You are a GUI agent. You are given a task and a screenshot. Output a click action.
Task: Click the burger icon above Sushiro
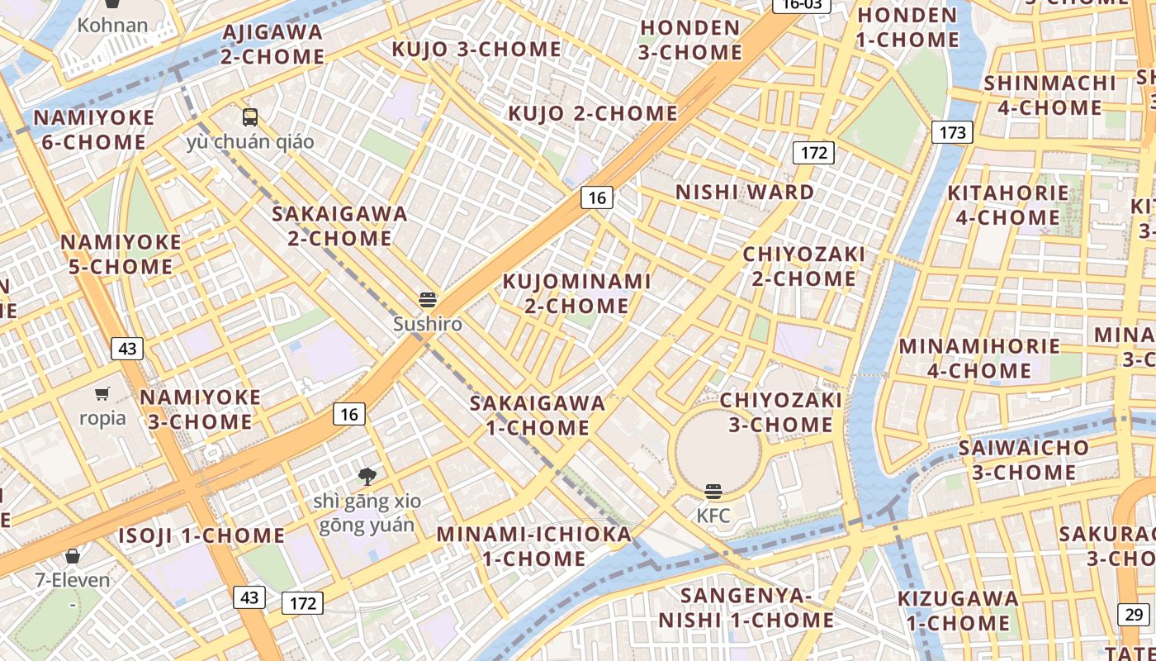[x=428, y=299]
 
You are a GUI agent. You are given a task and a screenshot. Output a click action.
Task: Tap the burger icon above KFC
[x=713, y=492]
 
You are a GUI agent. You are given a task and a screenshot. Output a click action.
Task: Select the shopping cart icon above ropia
[x=102, y=393]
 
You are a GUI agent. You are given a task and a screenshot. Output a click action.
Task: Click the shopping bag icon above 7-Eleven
[x=73, y=555]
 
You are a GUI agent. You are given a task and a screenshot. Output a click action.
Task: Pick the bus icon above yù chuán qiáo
[x=250, y=117]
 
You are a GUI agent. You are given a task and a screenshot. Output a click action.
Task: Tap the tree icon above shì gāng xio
[x=367, y=476]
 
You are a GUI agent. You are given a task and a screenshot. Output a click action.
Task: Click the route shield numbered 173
[x=952, y=132]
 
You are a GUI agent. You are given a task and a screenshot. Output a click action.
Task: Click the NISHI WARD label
[x=745, y=193]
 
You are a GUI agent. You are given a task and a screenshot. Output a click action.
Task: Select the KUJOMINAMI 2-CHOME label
[x=577, y=293]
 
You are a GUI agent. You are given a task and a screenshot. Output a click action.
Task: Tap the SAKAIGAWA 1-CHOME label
[x=538, y=416]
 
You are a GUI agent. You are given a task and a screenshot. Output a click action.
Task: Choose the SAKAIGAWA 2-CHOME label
[x=340, y=226]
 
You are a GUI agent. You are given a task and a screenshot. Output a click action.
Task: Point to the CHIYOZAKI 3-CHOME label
[x=781, y=412]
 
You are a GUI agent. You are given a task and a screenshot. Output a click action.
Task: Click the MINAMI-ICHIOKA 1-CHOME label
[x=534, y=546]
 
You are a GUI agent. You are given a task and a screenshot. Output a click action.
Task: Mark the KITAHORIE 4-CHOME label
[x=1007, y=205]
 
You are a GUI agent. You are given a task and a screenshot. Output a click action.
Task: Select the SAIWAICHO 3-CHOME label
[x=1024, y=460]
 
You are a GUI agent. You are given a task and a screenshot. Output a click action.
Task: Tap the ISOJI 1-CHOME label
[x=201, y=535]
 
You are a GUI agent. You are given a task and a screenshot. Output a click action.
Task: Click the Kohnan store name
[x=112, y=26]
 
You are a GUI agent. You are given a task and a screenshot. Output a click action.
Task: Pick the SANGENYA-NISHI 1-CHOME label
[x=746, y=607]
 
